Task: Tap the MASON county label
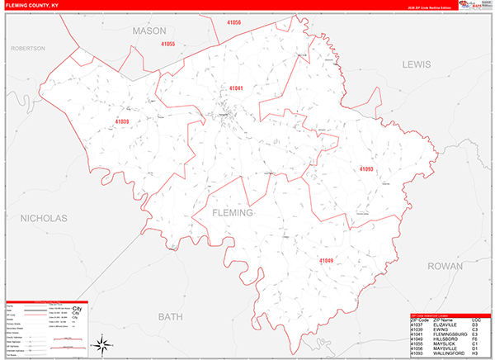[x=148, y=31]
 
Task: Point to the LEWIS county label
[x=417, y=64]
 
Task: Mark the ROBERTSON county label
[x=27, y=49]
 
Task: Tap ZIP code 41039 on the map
[x=122, y=121]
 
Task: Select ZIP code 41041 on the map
[x=236, y=88]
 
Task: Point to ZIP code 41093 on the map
[x=366, y=169]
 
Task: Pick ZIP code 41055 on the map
[x=168, y=43]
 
